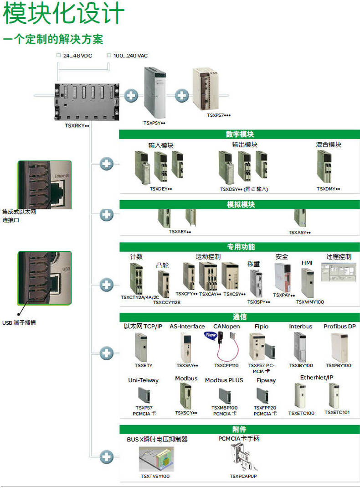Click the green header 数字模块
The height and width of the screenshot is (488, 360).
240,134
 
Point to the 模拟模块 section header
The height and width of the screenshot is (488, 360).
240,204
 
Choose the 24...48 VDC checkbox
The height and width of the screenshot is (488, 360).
58,56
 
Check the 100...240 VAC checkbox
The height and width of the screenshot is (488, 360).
109,56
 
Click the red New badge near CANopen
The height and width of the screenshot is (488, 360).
211,335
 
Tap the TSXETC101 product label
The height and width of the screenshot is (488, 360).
337,413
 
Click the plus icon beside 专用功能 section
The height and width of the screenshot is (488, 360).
107,285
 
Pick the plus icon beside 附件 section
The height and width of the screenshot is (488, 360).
107,457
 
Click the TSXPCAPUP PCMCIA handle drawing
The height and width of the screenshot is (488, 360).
243,458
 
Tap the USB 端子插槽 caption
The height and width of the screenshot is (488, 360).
19,323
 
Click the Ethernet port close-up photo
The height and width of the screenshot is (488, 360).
44,185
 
